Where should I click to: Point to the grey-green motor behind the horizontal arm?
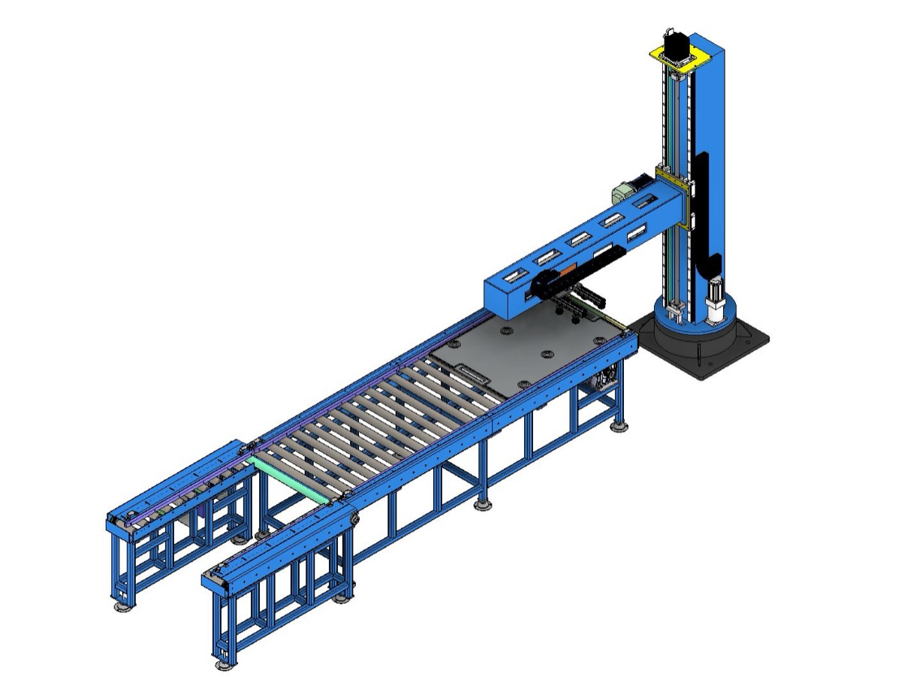(622, 193)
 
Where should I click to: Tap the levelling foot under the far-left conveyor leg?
(120, 605)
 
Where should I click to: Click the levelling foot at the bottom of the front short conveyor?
(223, 664)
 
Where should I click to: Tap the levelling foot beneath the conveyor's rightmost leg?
(619, 426)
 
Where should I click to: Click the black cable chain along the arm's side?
(593, 263)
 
